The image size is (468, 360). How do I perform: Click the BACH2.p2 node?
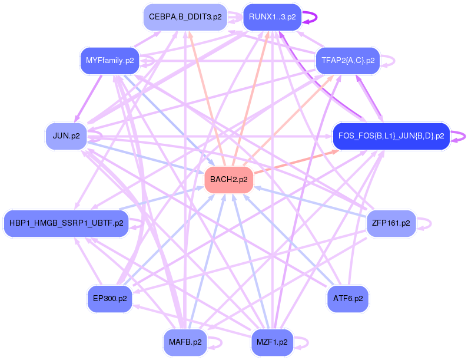[x=228, y=180]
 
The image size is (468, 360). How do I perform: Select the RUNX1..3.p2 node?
[x=272, y=17]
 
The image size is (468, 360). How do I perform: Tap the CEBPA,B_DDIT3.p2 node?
[x=185, y=17]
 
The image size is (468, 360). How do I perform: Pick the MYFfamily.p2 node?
[x=109, y=61]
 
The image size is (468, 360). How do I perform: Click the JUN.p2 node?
[x=66, y=136]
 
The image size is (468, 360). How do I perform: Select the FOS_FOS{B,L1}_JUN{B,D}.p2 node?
[x=391, y=136]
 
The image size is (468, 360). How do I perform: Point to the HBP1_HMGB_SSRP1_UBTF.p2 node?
[x=66, y=223]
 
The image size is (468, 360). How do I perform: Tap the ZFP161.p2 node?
[x=391, y=223]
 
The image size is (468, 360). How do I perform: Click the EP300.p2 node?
[x=109, y=299]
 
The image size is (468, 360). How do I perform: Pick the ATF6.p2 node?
[x=348, y=299]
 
